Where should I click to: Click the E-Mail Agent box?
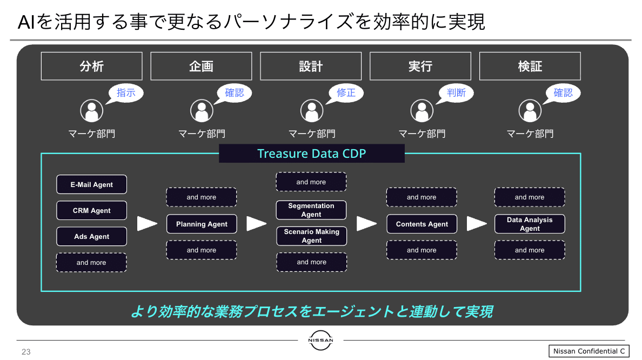coord(92,184)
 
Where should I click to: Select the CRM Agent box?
coord(92,210)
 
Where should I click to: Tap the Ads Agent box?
coord(92,236)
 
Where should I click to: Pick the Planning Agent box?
coord(202,224)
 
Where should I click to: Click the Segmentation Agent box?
coord(311,210)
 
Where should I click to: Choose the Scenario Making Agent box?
coord(312,236)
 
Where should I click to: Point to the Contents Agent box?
coord(422,224)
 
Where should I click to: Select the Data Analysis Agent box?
coord(530,224)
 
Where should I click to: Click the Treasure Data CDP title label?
coord(312,153)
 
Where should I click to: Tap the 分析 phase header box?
coord(92,66)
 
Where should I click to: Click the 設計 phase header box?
coord(311,66)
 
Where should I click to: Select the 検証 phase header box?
coord(530,66)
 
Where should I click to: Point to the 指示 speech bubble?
coord(125,93)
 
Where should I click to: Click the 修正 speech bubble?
coord(345,93)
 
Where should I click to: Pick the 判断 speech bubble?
coord(456,93)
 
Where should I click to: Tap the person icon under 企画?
coord(202,111)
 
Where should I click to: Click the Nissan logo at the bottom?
coord(320,341)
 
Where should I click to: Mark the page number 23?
coord(26,352)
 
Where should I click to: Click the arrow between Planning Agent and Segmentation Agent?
coord(257,224)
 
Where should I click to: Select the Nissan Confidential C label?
coord(589,351)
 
